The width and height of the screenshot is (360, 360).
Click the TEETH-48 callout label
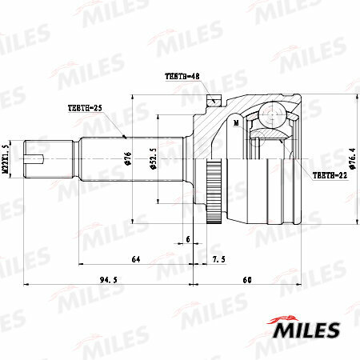click(x=182, y=76)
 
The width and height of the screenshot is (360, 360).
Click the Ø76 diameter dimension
click(x=128, y=157)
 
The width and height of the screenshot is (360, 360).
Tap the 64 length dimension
click(x=135, y=259)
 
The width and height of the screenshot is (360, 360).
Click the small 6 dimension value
click(x=188, y=239)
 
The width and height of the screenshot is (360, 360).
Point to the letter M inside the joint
click(x=237, y=125)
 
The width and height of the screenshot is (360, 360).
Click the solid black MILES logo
click(x=308, y=329)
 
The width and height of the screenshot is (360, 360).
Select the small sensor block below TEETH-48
click(x=214, y=101)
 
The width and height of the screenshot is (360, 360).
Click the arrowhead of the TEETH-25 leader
click(x=125, y=135)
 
